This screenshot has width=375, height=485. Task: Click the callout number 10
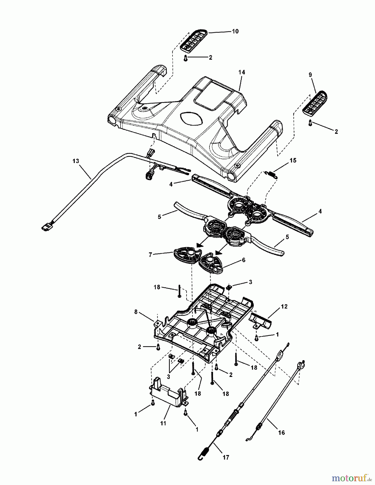(235, 31)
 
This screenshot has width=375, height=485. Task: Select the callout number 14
(242, 72)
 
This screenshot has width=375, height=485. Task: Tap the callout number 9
(310, 75)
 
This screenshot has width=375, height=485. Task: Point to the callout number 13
(76, 161)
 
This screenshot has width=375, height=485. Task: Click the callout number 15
(293, 160)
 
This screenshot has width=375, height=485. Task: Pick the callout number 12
(284, 306)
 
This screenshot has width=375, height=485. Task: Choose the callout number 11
(163, 423)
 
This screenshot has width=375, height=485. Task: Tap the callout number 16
(281, 432)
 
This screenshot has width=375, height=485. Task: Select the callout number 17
(226, 457)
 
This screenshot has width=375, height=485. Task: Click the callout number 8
(136, 312)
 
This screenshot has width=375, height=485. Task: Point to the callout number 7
(150, 255)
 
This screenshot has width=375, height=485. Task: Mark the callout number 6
(244, 260)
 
